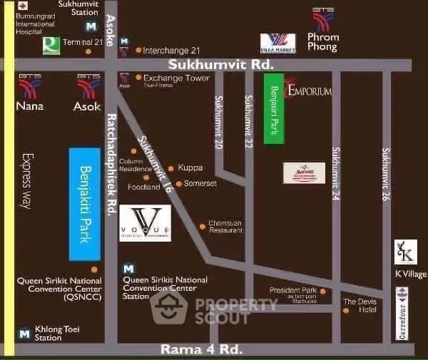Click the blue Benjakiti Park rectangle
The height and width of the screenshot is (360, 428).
[x=84, y=203]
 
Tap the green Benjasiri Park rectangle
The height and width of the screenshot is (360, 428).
[x=274, y=108]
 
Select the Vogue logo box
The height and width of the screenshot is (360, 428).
[x=145, y=223]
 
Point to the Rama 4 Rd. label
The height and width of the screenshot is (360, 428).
[x=201, y=349]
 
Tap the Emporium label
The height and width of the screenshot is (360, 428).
[x=309, y=91]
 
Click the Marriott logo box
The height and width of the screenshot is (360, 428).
[x=304, y=173]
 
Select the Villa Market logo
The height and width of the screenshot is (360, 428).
[x=277, y=42]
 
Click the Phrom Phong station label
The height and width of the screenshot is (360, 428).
[x=322, y=41]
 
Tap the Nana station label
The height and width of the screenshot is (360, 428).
[x=29, y=106]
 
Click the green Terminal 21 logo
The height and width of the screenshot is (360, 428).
[x=51, y=46]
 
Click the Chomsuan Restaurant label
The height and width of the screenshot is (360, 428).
[x=226, y=227]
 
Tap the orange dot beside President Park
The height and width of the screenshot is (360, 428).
[x=322, y=291]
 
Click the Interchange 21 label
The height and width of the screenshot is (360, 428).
[x=171, y=50]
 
